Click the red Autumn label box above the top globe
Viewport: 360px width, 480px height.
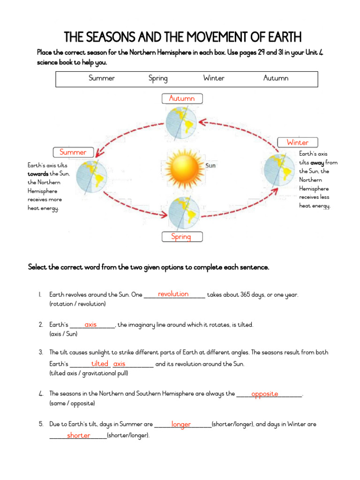182,98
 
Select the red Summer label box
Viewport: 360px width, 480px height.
73,152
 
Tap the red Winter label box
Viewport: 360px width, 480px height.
298,142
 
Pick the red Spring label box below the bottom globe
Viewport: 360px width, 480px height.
182,237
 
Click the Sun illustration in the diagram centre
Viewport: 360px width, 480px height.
182,168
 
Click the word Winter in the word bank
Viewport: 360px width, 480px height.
214,78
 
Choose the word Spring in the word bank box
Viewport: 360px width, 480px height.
158,78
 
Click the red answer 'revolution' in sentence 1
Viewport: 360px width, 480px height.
173,294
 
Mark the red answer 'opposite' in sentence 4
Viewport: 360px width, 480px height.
264,394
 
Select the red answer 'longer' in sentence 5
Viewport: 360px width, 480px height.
181,424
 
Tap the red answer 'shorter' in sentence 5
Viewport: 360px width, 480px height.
78,435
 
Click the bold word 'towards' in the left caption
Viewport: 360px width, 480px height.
38,174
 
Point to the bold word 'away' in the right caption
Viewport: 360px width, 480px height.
317,163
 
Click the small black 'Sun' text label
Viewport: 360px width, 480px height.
210,165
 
